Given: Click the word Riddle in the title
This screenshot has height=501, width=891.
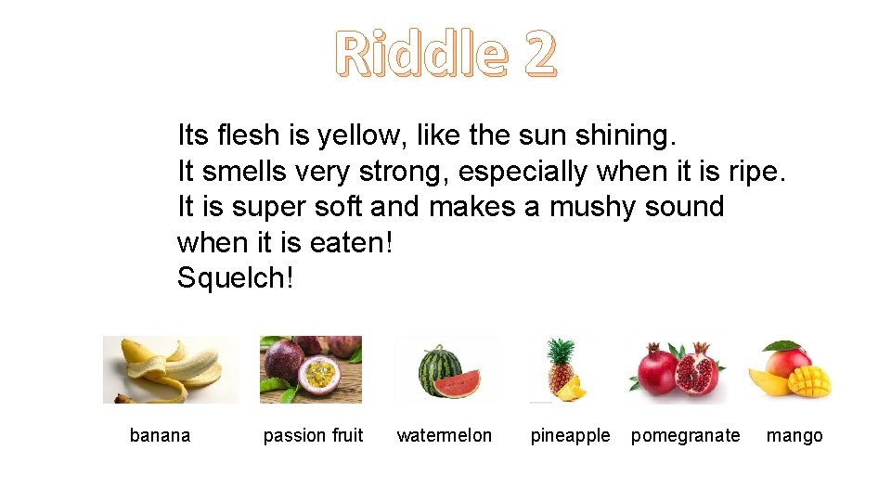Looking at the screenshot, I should [421, 53].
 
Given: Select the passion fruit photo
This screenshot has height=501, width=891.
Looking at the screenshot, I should [310, 369].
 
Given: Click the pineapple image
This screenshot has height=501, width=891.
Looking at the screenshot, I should [562, 369].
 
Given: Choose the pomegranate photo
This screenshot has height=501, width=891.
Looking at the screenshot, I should [677, 369].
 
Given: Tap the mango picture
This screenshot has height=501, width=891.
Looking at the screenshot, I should [790, 369].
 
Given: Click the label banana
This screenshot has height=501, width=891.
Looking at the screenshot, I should [160, 435].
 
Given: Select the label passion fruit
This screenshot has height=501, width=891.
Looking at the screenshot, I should [313, 435].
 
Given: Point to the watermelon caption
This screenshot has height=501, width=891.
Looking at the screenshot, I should [445, 435].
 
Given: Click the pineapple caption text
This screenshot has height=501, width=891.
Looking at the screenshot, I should [570, 435].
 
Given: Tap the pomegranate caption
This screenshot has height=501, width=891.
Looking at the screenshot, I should [686, 435].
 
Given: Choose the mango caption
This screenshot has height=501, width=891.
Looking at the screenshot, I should [794, 435].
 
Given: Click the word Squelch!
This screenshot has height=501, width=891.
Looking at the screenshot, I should [235, 277].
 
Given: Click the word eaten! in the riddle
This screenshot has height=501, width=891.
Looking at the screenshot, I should [353, 242].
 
